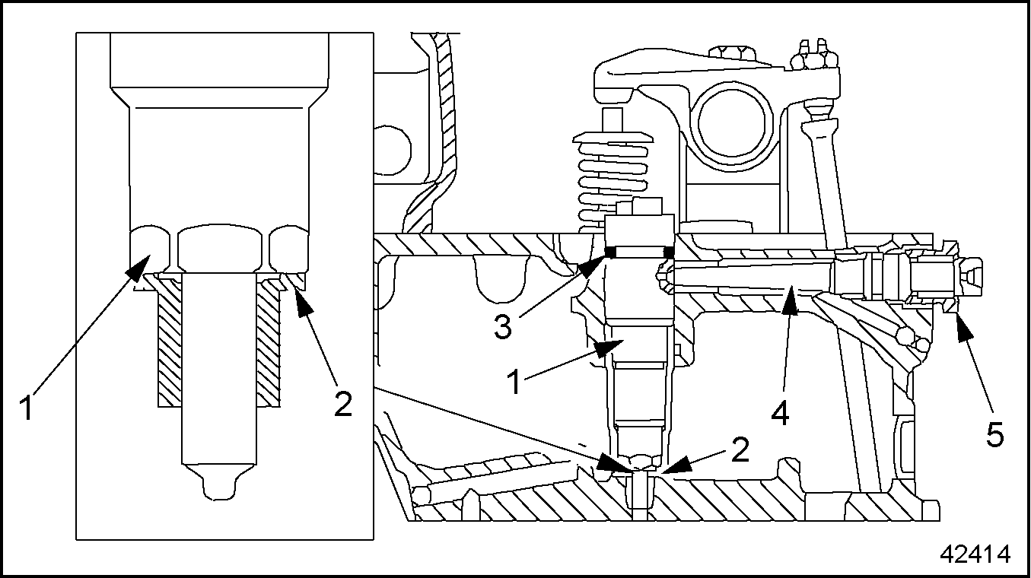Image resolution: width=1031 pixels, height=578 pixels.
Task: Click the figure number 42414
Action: click(x=975, y=554)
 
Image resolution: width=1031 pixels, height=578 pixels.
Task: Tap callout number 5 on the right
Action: click(x=994, y=434)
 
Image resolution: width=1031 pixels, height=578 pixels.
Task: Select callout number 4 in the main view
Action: click(x=781, y=412)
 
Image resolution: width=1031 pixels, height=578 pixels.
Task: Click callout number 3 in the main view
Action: click(x=503, y=327)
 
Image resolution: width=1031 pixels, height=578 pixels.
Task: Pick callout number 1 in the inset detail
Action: click(x=27, y=408)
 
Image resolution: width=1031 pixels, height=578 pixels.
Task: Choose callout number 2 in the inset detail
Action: click(x=343, y=404)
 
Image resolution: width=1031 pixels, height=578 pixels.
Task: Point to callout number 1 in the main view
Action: click(x=515, y=382)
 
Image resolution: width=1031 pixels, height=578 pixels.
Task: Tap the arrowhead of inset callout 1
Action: click(x=138, y=267)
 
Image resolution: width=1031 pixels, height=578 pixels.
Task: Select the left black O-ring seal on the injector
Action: click(x=610, y=252)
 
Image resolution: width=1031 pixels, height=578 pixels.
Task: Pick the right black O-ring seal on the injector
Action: click(x=669, y=252)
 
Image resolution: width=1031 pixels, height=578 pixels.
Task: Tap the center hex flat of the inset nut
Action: click(x=220, y=249)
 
